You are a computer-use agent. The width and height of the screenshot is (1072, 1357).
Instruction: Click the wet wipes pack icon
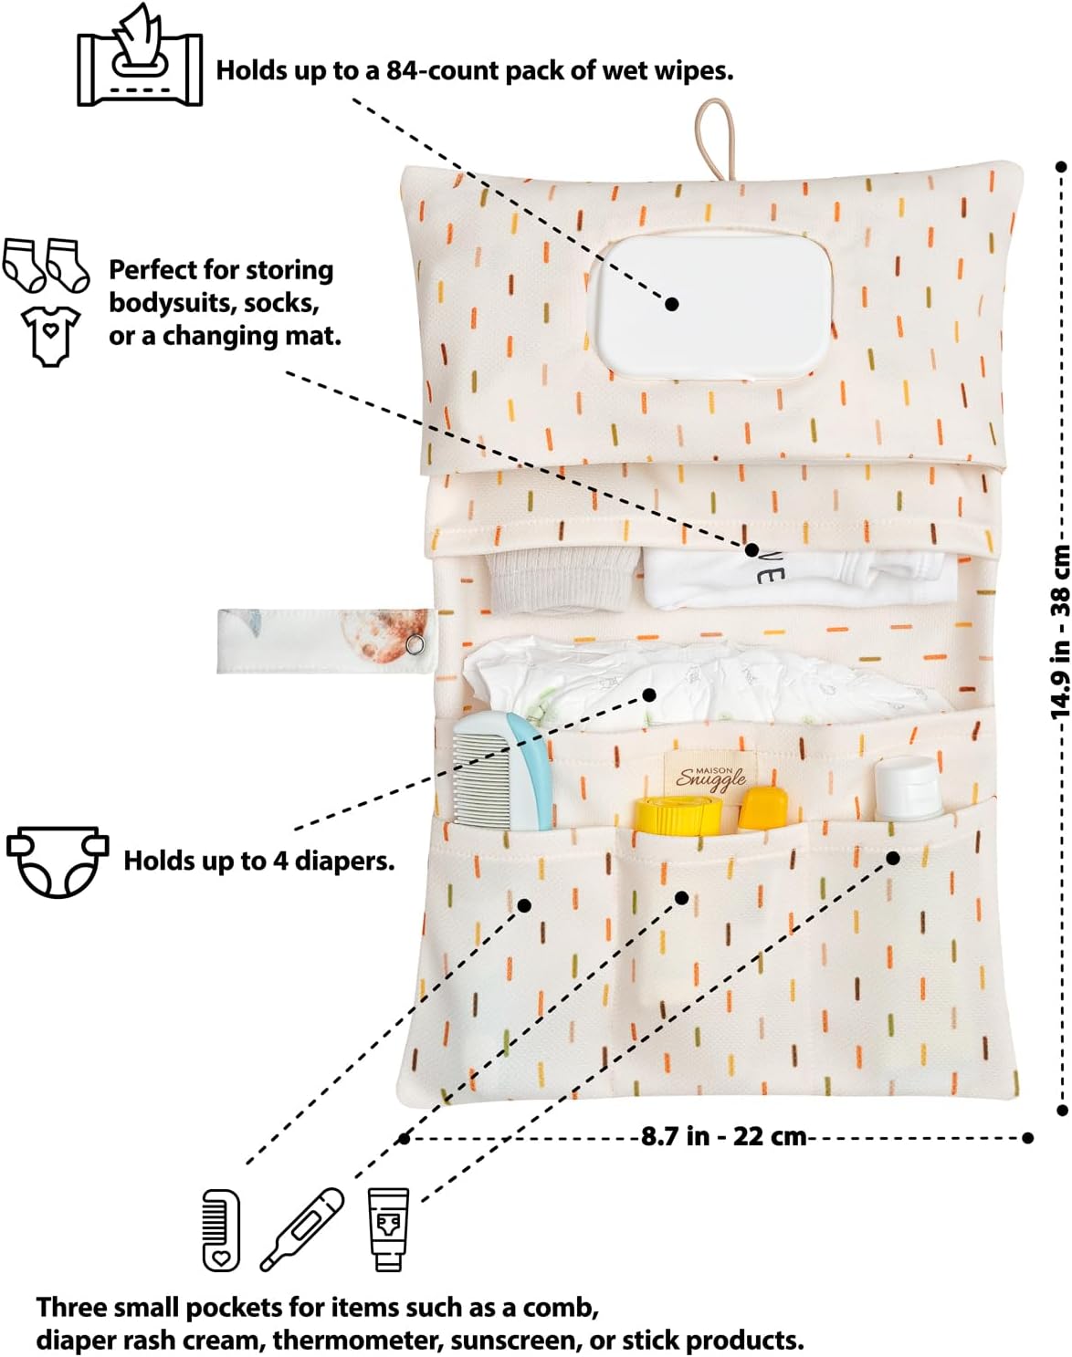tap(140, 56)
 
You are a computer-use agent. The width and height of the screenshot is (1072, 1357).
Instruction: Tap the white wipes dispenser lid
tap(710, 308)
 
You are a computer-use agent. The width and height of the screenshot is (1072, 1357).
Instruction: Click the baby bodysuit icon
tap(51, 336)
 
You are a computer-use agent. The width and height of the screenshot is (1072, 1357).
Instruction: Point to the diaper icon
tap(58, 862)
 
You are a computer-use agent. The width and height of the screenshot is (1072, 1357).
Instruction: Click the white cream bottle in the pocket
tap(908, 788)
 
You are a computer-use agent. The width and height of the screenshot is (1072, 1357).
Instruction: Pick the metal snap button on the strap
tap(414, 644)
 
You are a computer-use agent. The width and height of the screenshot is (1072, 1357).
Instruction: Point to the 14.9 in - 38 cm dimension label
tap(1061, 632)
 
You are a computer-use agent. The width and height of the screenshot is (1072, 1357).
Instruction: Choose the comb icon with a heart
tap(221, 1229)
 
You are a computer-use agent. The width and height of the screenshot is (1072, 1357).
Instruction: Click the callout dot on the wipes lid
tap(672, 304)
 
